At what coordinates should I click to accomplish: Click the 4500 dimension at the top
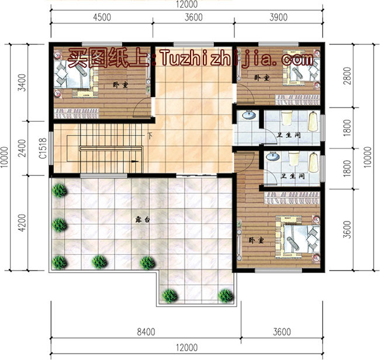pyautogui.click(x=102, y=17)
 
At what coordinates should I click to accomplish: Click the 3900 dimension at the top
pyautogui.click(x=279, y=17)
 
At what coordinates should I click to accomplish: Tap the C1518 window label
pyautogui.click(x=43, y=149)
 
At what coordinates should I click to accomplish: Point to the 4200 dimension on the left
pyautogui.click(x=22, y=223)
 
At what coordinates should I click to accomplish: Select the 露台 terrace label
pyautogui.click(x=143, y=220)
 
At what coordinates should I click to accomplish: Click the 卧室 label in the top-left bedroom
pyautogui.click(x=121, y=85)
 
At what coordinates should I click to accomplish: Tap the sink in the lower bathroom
pyautogui.click(x=272, y=157)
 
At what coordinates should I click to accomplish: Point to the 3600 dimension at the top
pyautogui.click(x=193, y=17)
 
